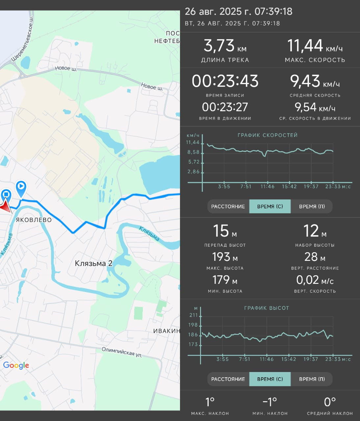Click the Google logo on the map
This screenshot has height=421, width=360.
(16, 365)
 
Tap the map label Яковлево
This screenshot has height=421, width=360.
(34, 220)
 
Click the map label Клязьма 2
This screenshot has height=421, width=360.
(93, 263)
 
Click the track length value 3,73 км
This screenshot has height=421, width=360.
(225, 46)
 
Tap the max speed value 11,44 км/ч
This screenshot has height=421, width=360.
(315, 46)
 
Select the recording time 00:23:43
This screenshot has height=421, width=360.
(225, 81)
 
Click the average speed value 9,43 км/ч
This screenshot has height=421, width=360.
(315, 81)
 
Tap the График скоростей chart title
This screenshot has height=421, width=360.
(268, 135)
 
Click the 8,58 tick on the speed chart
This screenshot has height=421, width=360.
(193, 152)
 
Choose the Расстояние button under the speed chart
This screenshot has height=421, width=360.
(228, 206)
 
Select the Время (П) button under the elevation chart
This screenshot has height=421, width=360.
(312, 379)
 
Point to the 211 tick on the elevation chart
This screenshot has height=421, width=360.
(193, 315)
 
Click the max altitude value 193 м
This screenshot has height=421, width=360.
(225, 257)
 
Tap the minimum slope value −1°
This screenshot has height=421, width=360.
(270, 402)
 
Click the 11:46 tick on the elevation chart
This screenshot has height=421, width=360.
(267, 359)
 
